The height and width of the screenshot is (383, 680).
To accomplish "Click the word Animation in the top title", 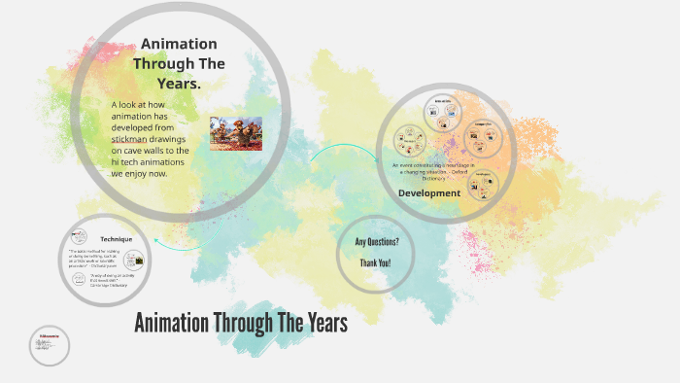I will point(179,44).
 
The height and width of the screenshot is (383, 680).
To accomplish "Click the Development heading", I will point(429,192).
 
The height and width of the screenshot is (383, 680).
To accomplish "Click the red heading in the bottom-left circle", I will point(48,335).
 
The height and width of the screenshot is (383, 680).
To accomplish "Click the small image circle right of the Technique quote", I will point(141,261).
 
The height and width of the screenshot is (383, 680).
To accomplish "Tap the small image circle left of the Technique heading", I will point(78,238).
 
